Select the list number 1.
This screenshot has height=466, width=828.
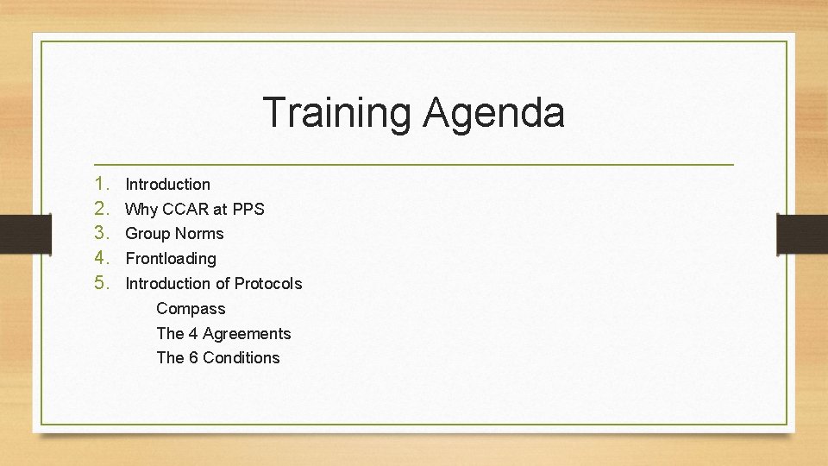[102, 184]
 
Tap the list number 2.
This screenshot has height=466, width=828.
[102, 209]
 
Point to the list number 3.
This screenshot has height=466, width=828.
[102, 233]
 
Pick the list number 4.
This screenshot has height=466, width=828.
[102, 258]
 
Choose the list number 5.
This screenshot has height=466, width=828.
[102, 283]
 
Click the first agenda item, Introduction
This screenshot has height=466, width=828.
[168, 184]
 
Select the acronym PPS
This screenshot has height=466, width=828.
[248, 209]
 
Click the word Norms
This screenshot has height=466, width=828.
[199, 234]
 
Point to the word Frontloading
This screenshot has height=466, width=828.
[171, 258]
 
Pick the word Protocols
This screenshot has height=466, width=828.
[268, 283]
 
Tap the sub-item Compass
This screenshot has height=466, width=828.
[191, 309]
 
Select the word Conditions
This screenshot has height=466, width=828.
[241, 357]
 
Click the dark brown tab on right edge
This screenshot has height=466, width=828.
[803, 233]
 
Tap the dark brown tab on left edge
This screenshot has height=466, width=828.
[15, 233]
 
